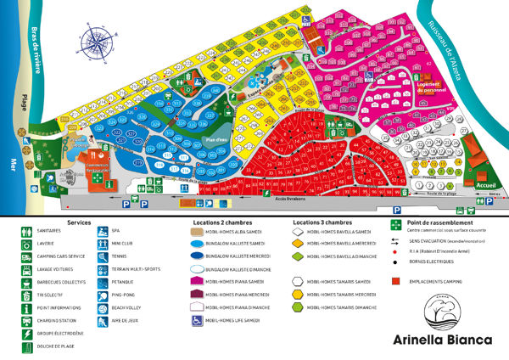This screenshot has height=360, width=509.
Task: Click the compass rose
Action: pyautogui.click(x=94, y=40)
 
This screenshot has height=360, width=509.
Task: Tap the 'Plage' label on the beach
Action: pyautogui.click(x=25, y=102)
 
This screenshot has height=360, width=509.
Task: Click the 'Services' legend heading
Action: pyautogui.click(x=78, y=222)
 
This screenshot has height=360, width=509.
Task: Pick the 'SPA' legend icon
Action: pyautogui.click(x=103, y=231)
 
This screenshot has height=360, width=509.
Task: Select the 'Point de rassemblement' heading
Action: pyautogui.click(x=434, y=222)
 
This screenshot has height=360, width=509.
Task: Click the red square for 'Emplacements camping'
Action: pyautogui.click(x=395, y=279)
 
